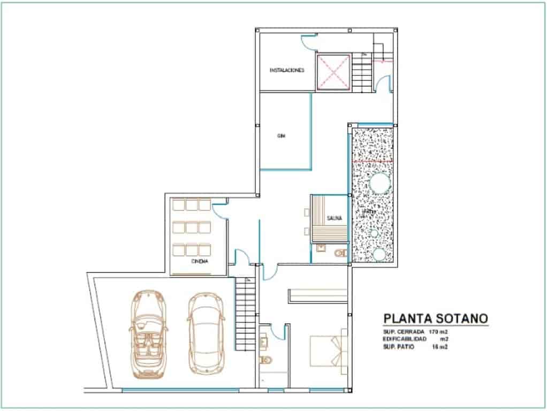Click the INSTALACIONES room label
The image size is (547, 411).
[287, 70]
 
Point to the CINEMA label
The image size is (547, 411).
[200, 261]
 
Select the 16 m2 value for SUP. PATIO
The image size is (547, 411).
[439, 347]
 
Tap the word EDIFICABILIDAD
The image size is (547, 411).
[405, 340]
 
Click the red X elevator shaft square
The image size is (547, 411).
[333, 72]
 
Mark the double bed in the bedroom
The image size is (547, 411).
[328, 351]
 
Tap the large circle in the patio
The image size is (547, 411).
[379, 184]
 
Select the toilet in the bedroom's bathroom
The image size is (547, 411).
[264, 360]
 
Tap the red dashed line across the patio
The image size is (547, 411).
[374, 160]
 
